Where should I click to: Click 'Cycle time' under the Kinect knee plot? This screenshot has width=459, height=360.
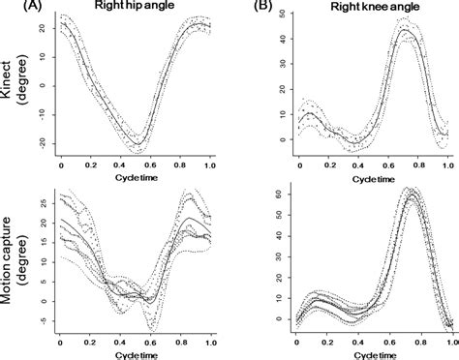[x=371, y=180]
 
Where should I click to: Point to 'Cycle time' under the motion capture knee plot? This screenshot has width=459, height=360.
[x=371, y=354]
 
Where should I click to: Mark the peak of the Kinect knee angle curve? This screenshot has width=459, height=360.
[x=408, y=32]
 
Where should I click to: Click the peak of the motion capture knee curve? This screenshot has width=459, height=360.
[x=414, y=194]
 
